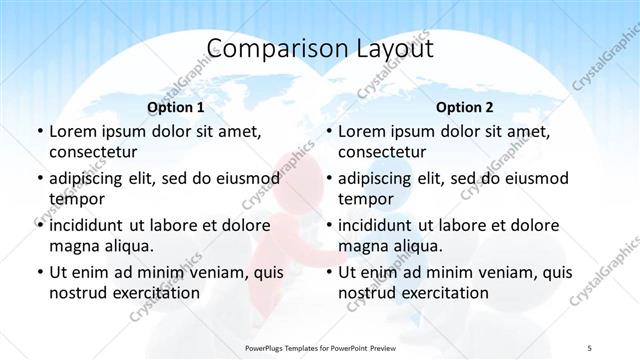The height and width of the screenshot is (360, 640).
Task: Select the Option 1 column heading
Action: pyautogui.click(x=176, y=106)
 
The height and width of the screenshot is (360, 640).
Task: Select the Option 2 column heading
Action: pyautogui.click(x=464, y=106)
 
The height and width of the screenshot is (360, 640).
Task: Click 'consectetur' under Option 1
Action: pyautogui.click(x=93, y=153)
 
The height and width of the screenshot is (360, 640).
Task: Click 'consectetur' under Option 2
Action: pyautogui.click(x=382, y=153)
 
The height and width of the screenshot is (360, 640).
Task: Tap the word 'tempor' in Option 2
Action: pyautogui.click(x=364, y=199)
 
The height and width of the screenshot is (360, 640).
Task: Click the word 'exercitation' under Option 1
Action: pyautogui.click(x=155, y=293)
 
